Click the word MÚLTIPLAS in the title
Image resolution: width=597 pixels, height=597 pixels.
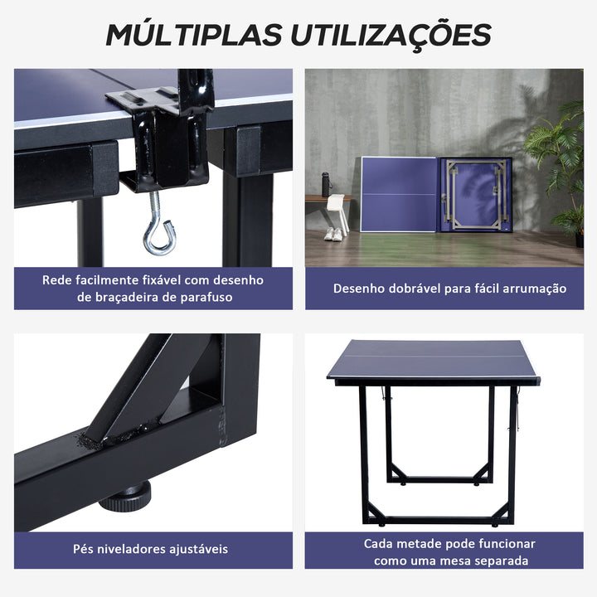click(x=192, y=34)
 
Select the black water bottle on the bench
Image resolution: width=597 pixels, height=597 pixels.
click(x=325, y=184)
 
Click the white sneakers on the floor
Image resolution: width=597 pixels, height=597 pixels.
click(x=333, y=234)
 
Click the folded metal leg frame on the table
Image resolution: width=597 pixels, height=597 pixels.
click(x=473, y=196)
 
